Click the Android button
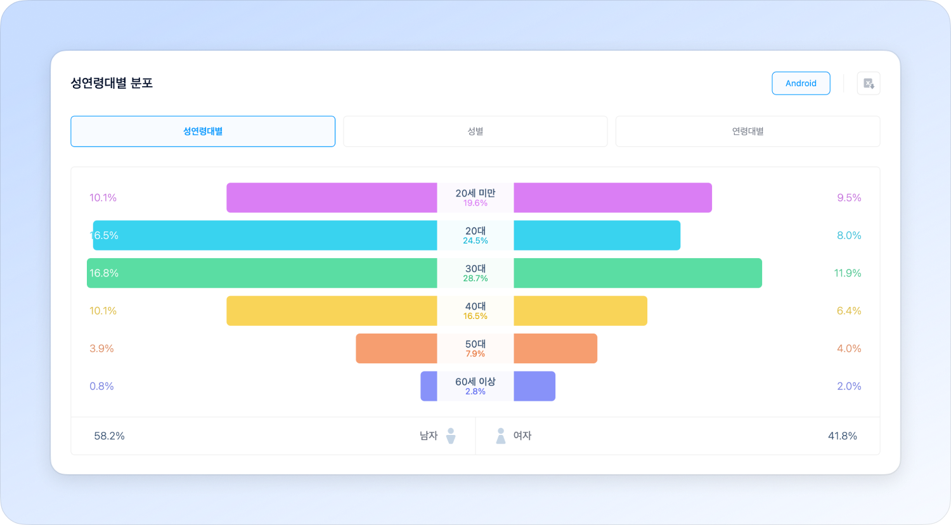(x=801, y=83)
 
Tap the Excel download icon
(x=869, y=83)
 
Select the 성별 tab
(x=475, y=131)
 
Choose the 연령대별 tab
(x=747, y=131)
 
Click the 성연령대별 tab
(x=203, y=131)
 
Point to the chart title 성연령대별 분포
(x=112, y=83)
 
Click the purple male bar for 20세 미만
(x=332, y=198)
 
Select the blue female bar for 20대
(x=597, y=235)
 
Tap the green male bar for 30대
(x=262, y=273)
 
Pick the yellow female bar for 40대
(x=580, y=311)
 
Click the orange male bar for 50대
(x=396, y=349)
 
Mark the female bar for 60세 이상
(x=534, y=386)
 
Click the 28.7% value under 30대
(x=475, y=278)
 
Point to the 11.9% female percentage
(x=848, y=273)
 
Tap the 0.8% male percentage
(x=101, y=386)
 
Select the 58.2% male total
(x=109, y=436)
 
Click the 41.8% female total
(x=842, y=436)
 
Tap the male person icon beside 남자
(x=451, y=436)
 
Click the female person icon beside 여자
(x=500, y=436)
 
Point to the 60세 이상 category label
(x=475, y=381)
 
